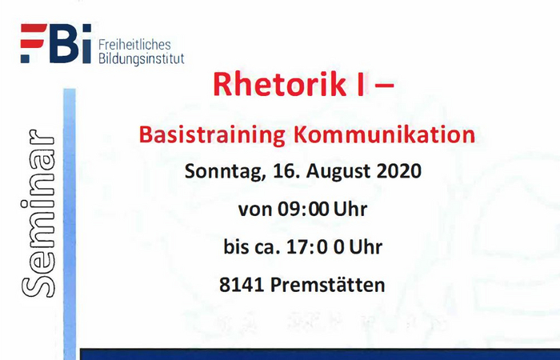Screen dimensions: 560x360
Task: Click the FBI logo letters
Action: pos(56,43)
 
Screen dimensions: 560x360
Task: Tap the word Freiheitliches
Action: pos(134,45)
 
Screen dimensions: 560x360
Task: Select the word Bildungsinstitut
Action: pos(142,58)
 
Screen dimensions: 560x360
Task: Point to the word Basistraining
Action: pos(212,135)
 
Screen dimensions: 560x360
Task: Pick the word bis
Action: pos(236,246)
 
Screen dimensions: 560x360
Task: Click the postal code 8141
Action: pos(242,285)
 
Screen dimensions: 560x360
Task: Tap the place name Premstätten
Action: pos(327,285)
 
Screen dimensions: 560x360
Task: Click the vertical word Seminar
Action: pos(38,214)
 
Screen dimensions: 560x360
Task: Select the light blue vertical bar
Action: pos(70,224)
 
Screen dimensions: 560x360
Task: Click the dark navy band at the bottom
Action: pos(320,354)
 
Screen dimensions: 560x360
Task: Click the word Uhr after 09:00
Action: pos(350,210)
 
